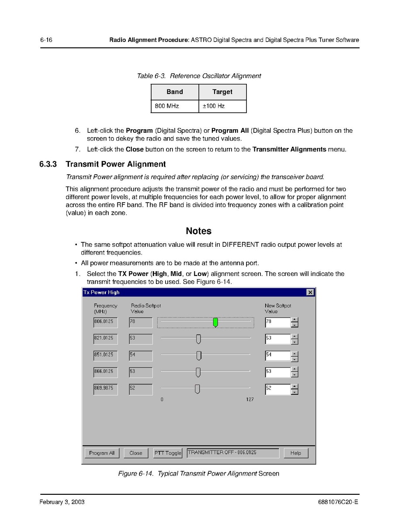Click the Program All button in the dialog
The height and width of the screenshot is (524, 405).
coord(102,453)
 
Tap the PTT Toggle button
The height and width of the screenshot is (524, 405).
coord(168,453)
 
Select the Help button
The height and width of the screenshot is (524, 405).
coord(296,453)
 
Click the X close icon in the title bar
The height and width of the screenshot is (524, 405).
coord(310,293)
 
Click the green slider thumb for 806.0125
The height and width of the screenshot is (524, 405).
coord(215,323)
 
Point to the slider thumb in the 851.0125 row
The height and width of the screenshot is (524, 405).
coord(199,355)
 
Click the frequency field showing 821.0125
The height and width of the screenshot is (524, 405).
coord(105,339)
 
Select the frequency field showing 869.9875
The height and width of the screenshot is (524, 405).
coord(105,389)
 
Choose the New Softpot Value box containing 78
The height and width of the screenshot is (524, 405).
coord(278,323)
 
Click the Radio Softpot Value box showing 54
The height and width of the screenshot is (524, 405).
coord(141,355)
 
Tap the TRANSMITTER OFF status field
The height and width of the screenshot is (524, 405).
coord(233,453)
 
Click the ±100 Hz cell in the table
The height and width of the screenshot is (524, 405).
coord(222,106)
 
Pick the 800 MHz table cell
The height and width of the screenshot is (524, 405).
coord(175,106)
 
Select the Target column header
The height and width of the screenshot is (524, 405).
coord(222,92)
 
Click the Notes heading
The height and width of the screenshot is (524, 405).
coord(198,231)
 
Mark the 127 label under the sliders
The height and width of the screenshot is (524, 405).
coord(250,400)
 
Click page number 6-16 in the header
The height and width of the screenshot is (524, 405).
coord(46,40)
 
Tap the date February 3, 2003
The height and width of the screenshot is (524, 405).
coord(62,502)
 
